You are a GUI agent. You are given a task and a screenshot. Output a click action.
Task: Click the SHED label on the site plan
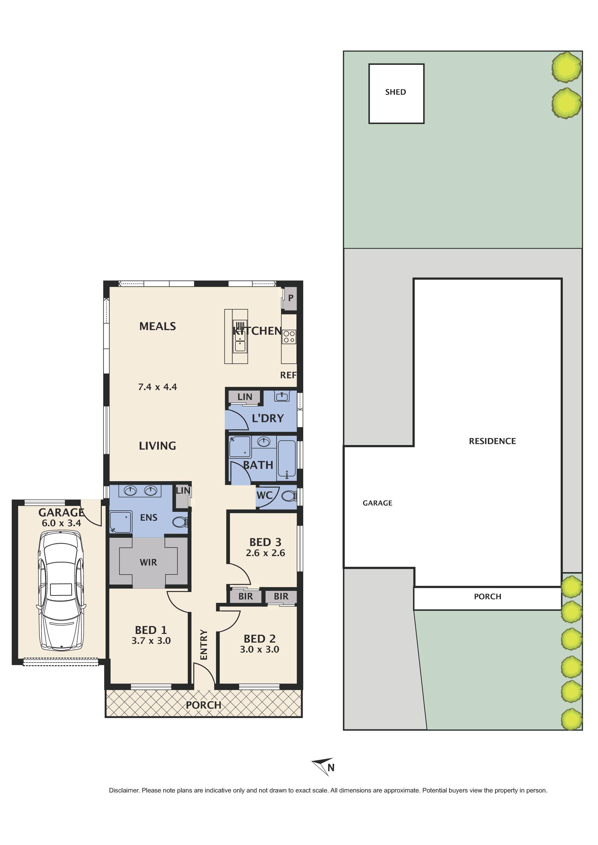click(x=396, y=92)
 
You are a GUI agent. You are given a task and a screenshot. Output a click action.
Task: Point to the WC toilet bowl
click(x=288, y=497)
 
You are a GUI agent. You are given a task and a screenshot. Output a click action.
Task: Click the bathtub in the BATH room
click(x=287, y=459)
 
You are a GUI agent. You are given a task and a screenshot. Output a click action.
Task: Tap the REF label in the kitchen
click(x=288, y=375)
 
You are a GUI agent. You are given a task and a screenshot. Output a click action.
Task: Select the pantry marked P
click(x=290, y=298)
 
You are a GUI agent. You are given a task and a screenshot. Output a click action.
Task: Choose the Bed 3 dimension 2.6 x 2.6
click(x=265, y=553)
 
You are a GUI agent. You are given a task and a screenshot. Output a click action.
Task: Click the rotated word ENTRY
click(x=204, y=645)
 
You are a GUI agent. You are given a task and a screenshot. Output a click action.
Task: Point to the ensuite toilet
click(x=180, y=522)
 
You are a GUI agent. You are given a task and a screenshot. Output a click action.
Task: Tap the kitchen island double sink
click(x=240, y=340)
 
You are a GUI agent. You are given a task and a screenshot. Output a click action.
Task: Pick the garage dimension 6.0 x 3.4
click(x=61, y=523)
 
